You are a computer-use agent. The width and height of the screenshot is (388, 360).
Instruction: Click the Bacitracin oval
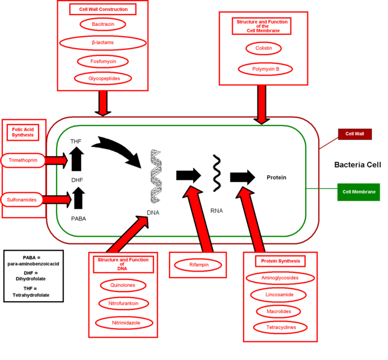(103, 25)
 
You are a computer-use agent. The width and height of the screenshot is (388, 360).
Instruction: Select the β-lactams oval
(103, 43)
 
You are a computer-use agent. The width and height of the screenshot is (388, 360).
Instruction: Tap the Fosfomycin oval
(103, 61)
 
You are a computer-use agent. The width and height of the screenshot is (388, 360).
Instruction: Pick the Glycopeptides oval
(103, 79)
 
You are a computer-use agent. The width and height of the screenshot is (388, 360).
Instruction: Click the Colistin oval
(263, 48)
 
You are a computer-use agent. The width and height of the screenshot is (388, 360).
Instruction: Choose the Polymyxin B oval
(265, 69)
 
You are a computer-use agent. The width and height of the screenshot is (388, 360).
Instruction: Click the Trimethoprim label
(23, 160)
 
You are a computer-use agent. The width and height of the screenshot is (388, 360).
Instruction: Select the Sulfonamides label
(23, 198)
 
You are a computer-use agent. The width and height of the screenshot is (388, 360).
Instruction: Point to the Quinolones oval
(123, 285)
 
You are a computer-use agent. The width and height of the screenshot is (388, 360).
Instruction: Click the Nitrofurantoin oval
(123, 304)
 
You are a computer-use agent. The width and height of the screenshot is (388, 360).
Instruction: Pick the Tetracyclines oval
(280, 328)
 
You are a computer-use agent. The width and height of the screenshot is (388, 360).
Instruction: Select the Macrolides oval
(279, 311)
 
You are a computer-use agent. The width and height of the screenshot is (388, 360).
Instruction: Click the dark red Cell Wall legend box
(355, 134)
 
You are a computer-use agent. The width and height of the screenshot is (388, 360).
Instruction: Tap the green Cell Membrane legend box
(359, 192)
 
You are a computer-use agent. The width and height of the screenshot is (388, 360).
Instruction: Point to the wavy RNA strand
(215, 174)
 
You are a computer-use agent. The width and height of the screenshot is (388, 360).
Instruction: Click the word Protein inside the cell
(276, 177)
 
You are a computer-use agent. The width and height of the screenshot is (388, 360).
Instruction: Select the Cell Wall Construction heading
(103, 9)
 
